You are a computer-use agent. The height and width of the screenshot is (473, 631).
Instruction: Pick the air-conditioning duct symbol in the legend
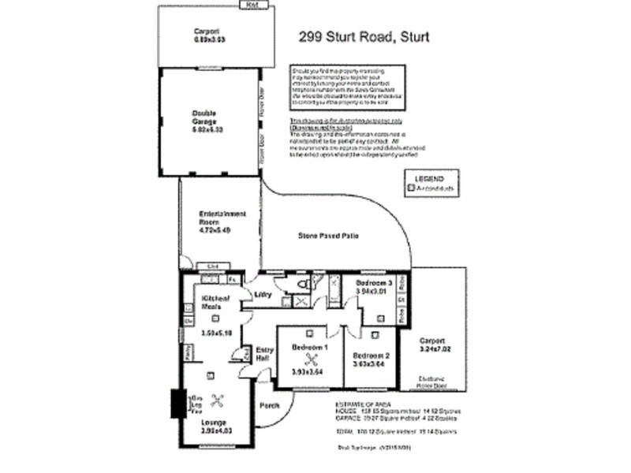tap(410, 188)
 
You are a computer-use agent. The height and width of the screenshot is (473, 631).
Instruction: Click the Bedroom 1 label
tap(309, 348)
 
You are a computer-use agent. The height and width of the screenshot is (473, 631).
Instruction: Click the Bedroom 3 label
tap(373, 282)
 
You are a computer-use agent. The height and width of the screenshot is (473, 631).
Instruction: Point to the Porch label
tap(270, 407)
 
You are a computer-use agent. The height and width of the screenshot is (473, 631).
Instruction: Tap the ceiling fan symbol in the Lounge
tap(222, 399)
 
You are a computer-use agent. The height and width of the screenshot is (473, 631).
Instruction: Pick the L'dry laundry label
tap(262, 295)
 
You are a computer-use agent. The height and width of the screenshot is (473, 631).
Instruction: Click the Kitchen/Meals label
tap(215, 303)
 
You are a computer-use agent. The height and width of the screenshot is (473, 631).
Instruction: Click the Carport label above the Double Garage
tap(205, 32)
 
